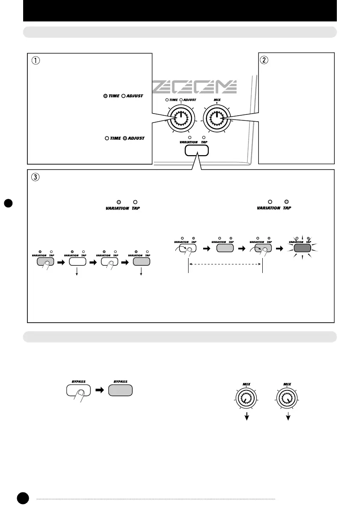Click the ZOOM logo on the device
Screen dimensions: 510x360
[x=195, y=87]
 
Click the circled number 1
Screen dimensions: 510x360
[x=35, y=60]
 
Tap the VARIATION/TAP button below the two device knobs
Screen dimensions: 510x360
[x=197, y=150]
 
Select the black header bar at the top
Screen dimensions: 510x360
[x=180, y=10]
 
